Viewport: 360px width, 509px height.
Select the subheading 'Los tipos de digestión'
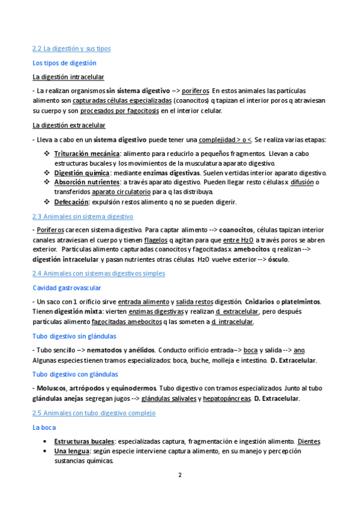64,63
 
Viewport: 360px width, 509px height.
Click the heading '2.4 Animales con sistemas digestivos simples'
98,274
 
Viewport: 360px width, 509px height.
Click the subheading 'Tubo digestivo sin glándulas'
74,336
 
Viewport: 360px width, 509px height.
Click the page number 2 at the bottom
179,475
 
